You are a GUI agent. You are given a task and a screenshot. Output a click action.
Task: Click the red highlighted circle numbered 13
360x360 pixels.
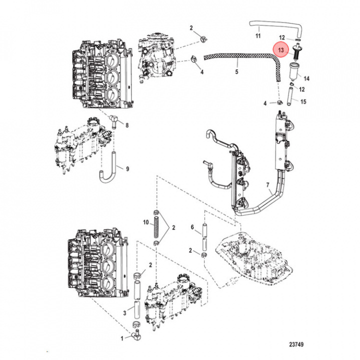tap(281, 50)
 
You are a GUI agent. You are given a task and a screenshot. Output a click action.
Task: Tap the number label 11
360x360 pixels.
tap(258, 36)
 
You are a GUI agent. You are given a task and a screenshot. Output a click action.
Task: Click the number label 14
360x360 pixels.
tap(307, 78)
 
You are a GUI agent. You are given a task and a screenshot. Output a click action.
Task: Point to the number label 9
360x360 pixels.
tap(127, 169)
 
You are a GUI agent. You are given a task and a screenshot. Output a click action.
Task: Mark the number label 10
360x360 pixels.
tap(145, 221)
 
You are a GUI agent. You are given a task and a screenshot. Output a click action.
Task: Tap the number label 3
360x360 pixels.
tap(125, 313)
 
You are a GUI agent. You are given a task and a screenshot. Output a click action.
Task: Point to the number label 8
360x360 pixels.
tap(127, 124)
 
